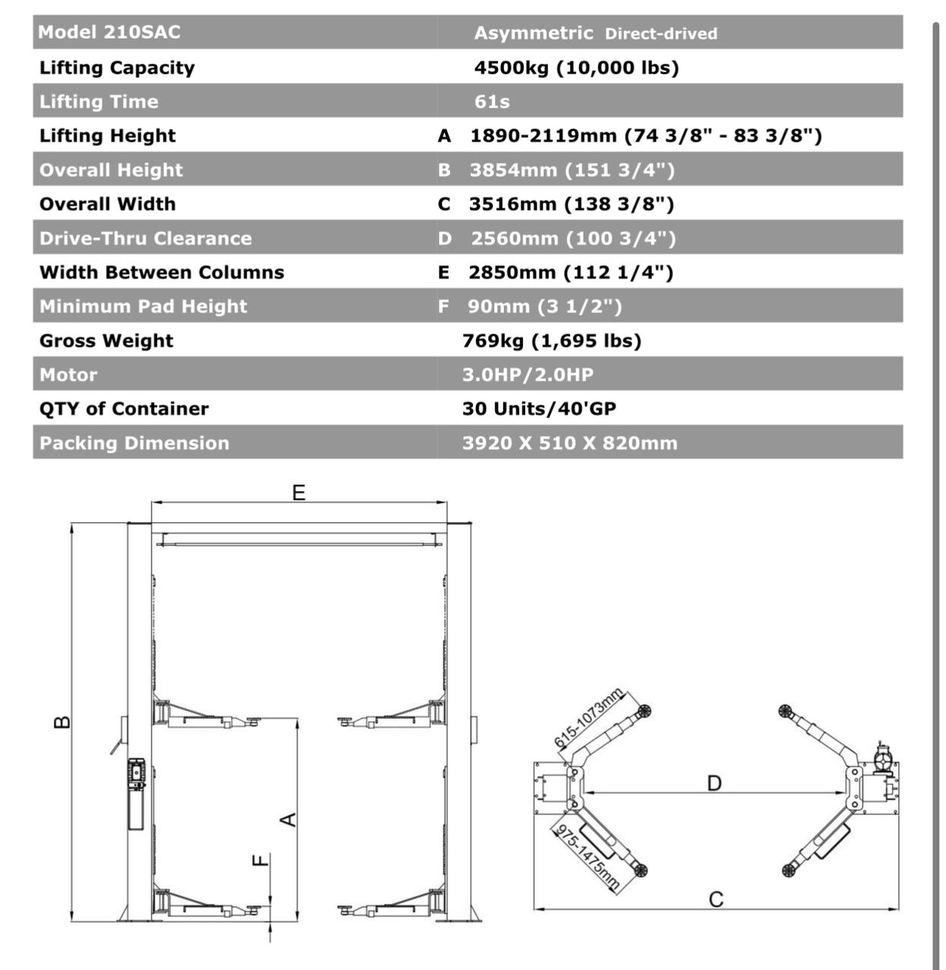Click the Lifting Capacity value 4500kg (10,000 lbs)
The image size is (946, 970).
coord(576,67)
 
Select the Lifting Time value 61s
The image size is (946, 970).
coord(492,102)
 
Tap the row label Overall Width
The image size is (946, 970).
coord(108,204)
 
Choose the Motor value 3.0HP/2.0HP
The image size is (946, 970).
coord(528,374)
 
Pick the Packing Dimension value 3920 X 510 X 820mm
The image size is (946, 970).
coord(569,443)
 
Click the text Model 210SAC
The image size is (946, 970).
coord(109,32)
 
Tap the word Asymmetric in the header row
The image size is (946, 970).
coord(534,33)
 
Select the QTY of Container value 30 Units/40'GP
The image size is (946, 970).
coord(539,408)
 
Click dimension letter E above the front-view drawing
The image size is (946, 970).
coord(299,493)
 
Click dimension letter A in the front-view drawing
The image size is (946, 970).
coord(289,819)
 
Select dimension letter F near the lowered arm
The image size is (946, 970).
coord(260,860)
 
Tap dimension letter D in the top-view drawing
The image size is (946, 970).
coord(714,783)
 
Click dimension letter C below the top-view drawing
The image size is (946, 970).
coord(716,900)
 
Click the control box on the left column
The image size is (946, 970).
coord(136,793)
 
